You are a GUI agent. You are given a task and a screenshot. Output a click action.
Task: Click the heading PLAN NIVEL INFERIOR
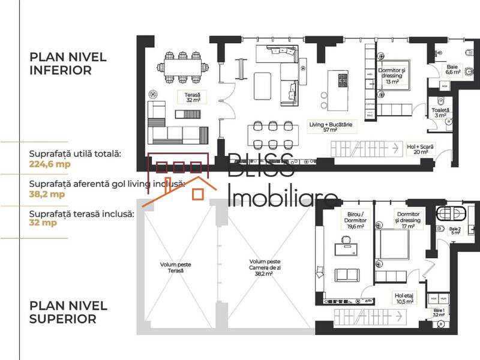pos(68,64)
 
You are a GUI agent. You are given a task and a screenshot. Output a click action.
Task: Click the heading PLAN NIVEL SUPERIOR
pos(68,312)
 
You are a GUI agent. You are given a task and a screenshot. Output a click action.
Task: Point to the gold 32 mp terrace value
pos(43,223)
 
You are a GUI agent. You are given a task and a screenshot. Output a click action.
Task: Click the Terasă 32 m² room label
pos(192,98)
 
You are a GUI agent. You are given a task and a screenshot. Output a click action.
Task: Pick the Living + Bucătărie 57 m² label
pos(331,127)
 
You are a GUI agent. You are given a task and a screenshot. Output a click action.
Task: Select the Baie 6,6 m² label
pos(452,69)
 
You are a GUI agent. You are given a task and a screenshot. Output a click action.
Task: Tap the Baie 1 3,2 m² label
pos(439,312)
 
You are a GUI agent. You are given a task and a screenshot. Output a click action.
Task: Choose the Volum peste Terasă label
pos(176,267)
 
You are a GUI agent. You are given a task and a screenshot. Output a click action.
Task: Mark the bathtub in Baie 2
pos(451,213)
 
